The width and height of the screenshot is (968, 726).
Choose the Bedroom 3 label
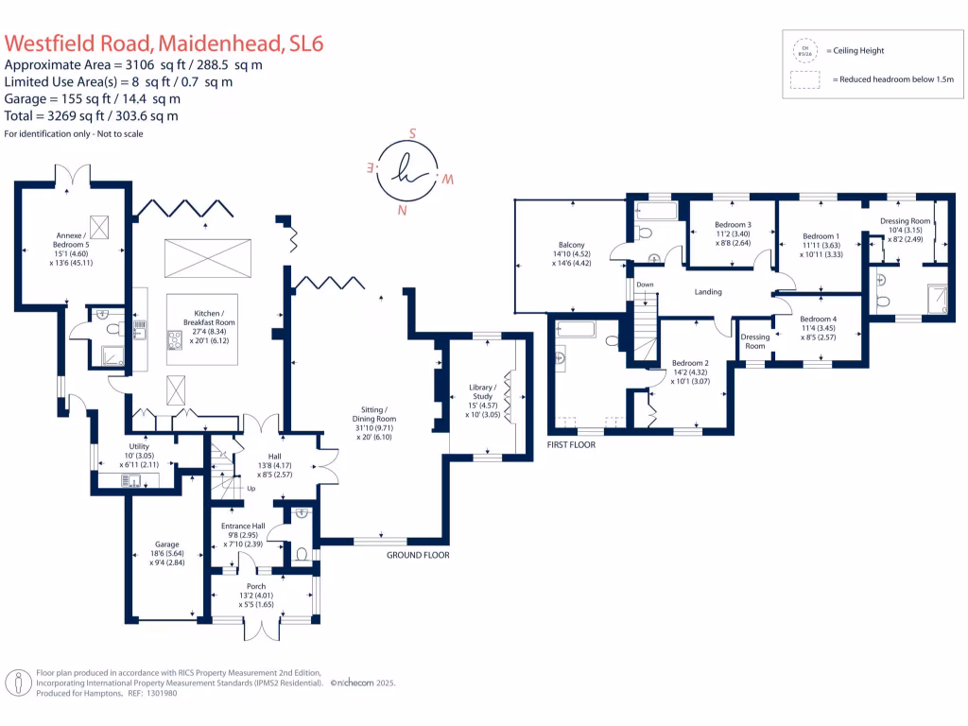point(733,230)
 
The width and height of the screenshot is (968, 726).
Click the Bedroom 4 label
point(818,323)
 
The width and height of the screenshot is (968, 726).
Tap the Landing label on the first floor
point(708,292)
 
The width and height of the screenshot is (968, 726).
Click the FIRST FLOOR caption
point(571,444)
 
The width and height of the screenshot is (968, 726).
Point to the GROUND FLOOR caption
point(418,555)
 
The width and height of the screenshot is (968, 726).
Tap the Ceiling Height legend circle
point(806,50)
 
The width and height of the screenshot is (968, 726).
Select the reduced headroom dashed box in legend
point(806,81)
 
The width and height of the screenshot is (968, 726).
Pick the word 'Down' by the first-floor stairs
point(645,284)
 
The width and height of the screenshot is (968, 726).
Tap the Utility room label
point(139,453)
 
